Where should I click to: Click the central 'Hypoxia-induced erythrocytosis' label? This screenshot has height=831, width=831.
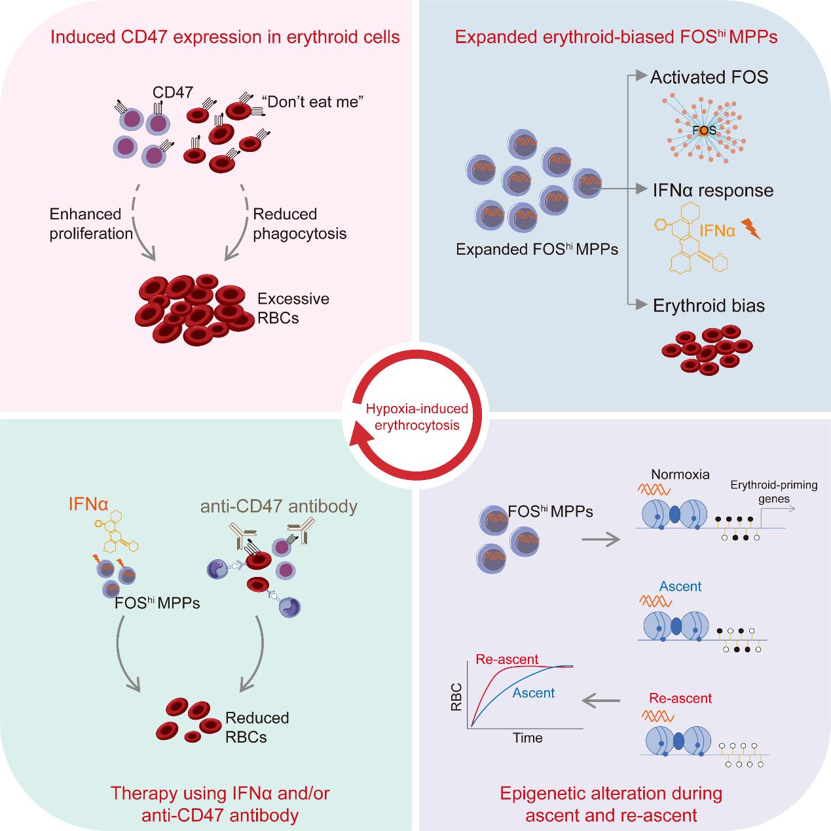pos(416,416)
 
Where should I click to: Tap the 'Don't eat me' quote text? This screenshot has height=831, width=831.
pos(312,102)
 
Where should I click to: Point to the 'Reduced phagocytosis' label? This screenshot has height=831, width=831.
pos(299,223)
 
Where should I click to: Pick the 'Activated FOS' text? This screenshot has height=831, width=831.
pos(709,77)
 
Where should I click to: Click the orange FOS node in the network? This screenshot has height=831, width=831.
pos(704,130)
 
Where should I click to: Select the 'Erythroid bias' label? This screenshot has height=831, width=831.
pos(709,306)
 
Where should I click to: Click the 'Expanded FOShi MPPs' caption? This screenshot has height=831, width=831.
pos(537,249)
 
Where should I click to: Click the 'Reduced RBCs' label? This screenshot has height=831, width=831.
pos(257,727)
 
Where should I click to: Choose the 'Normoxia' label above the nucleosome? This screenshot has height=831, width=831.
pos(680,474)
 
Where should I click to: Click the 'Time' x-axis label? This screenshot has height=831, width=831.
pos(527,738)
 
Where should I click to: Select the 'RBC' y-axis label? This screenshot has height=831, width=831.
pos(456,696)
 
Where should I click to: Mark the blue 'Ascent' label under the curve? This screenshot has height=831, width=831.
pos(534,693)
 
